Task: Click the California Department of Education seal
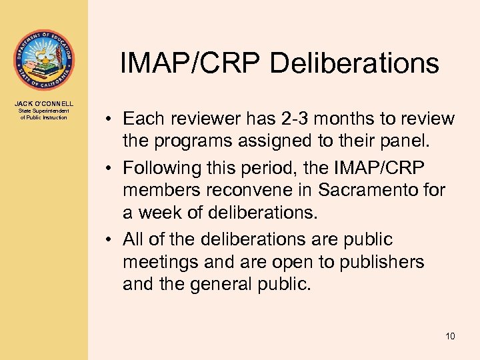click(x=43, y=59)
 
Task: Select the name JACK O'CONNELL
click(x=44, y=103)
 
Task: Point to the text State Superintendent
click(x=44, y=111)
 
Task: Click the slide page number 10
click(x=450, y=336)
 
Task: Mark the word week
click(x=162, y=213)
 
